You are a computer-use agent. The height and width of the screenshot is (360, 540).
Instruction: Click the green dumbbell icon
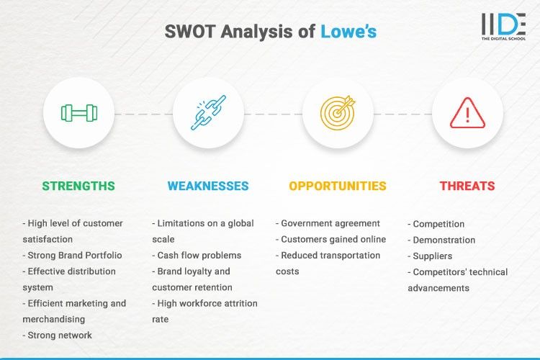(x=78, y=113)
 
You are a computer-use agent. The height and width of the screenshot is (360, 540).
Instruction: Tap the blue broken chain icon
(x=208, y=113)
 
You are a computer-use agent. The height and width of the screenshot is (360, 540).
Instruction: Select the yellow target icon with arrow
(x=338, y=113)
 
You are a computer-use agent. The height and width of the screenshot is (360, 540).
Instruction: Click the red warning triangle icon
(x=467, y=113)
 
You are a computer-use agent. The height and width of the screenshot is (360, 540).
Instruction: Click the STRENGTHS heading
(x=78, y=186)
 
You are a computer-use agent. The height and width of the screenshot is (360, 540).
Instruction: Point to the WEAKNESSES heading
(x=208, y=186)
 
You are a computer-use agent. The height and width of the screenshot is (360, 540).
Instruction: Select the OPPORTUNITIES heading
(x=338, y=186)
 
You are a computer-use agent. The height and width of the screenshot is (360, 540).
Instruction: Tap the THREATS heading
(x=467, y=186)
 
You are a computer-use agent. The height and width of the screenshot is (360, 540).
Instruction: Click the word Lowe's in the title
(x=348, y=32)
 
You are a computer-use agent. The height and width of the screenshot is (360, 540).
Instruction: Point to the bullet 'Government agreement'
(x=329, y=223)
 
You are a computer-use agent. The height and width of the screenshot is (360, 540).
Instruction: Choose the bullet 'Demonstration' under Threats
(x=441, y=240)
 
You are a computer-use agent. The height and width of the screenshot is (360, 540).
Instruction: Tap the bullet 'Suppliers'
(x=432, y=256)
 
